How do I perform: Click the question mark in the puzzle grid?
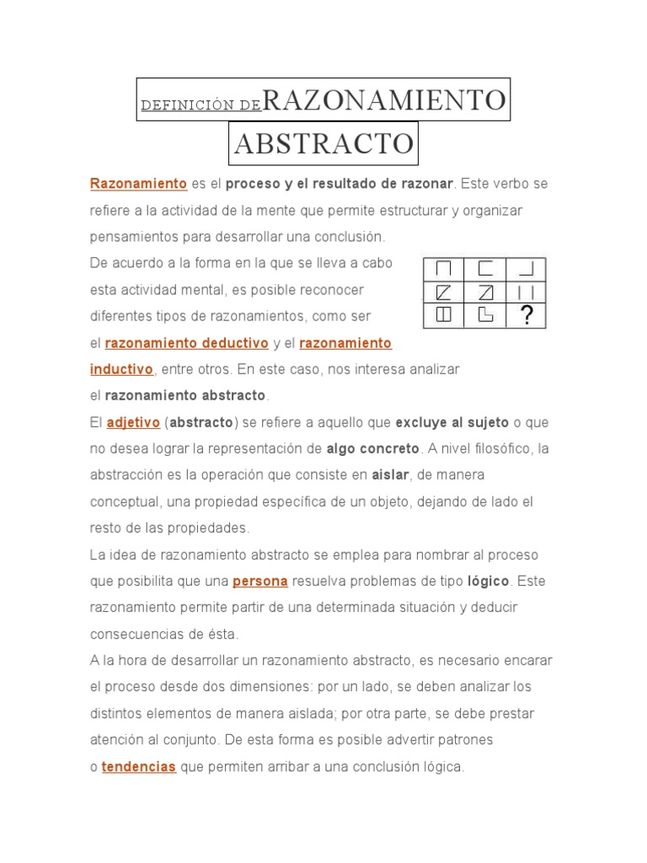tap(527, 314)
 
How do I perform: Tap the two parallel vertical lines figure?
tap(527, 292)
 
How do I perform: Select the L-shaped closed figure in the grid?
tap(485, 314)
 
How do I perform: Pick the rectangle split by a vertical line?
tap(444, 314)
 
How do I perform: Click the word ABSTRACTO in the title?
tap(324, 144)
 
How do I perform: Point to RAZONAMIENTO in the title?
tap(385, 100)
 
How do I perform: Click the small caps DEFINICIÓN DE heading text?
tap(201, 105)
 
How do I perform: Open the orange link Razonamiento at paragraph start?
tap(138, 184)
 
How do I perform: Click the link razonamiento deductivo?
tap(186, 343)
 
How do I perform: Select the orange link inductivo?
tap(121, 369)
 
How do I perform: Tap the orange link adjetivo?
tap(133, 422)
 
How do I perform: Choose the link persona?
tap(260, 582)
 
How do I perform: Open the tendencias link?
tap(139, 767)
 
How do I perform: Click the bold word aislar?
tap(390, 475)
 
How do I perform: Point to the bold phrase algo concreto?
tap(373, 448)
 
